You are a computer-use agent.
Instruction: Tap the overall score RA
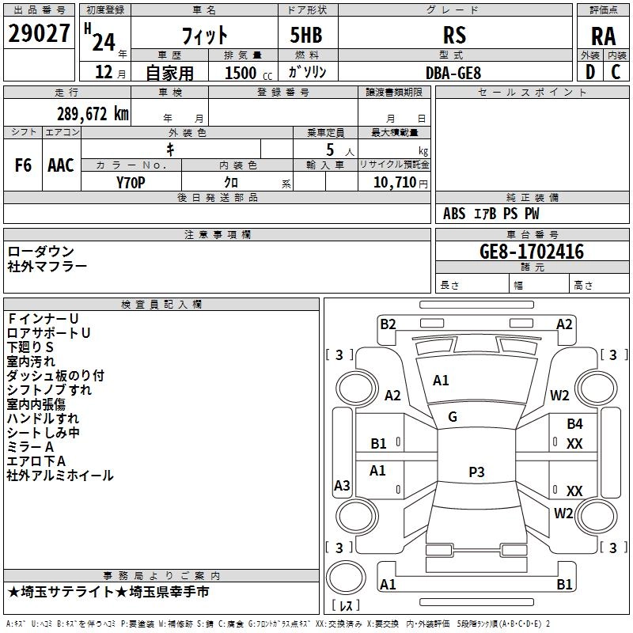click(604, 36)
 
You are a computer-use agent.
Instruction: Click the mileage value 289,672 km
click(93, 114)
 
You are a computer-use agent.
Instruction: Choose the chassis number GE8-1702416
click(532, 252)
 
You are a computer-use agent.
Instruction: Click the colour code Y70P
click(131, 181)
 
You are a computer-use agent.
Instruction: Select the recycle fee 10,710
click(392, 182)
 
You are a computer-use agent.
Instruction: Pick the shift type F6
click(24, 165)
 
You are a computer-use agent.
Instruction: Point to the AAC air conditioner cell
click(61, 165)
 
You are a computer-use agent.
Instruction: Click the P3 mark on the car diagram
click(476, 472)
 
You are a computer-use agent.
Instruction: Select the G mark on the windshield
click(453, 417)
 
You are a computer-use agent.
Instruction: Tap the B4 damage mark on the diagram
click(574, 424)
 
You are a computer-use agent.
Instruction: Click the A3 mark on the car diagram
click(342, 486)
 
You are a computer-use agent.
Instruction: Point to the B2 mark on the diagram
click(388, 324)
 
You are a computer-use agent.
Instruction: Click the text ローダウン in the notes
click(41, 252)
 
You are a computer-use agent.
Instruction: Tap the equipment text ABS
click(454, 214)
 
